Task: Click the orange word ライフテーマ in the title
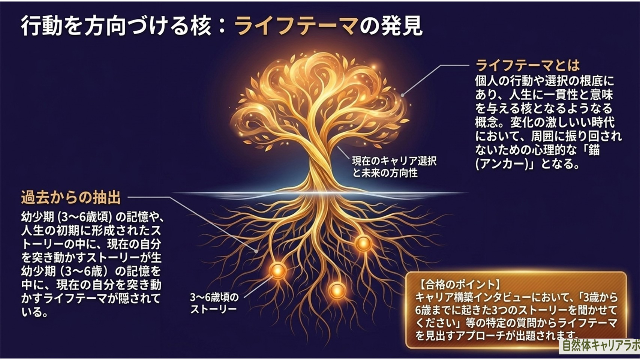point(296,27)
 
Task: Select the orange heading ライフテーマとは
point(528,65)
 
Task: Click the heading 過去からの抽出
point(71,197)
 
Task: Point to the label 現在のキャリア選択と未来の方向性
point(394,167)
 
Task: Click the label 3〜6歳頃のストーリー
point(214,303)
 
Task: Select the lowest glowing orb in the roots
point(337,291)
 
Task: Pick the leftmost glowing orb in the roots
point(278,271)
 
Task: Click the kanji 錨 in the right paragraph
point(594,150)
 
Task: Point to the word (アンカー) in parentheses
point(502,164)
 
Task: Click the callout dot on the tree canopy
point(403,95)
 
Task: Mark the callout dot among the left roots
point(256,251)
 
